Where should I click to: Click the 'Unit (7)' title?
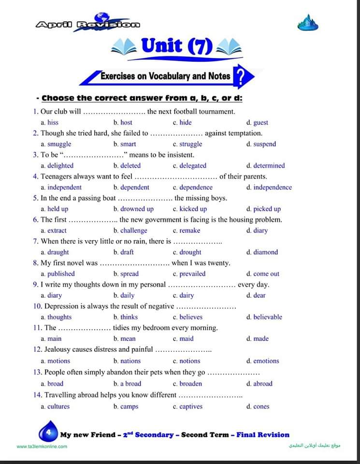(x=176, y=46)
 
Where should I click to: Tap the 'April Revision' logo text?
(x=88, y=24)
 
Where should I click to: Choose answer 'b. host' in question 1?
(x=123, y=123)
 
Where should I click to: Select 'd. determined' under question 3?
(x=265, y=165)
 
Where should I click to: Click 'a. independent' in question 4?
(x=61, y=188)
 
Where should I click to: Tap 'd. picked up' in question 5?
(x=263, y=209)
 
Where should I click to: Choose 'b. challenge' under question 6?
(x=130, y=231)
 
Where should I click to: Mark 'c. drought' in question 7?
(x=187, y=252)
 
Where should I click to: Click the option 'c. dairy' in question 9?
(x=183, y=295)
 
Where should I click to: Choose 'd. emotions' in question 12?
(x=262, y=361)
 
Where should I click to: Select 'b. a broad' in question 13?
(x=128, y=384)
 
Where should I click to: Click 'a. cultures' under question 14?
(x=56, y=406)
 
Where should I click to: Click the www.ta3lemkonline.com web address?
(x=42, y=446)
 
